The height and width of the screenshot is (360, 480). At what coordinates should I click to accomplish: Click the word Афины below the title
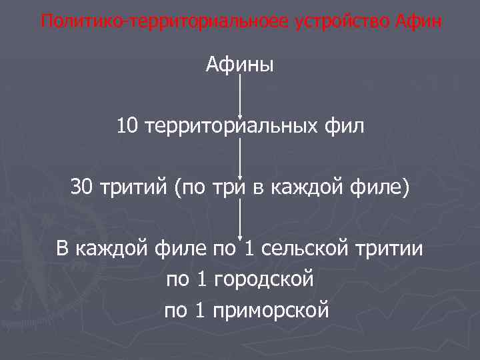click(x=240, y=65)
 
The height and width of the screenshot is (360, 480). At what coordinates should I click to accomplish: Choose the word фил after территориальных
click(x=347, y=125)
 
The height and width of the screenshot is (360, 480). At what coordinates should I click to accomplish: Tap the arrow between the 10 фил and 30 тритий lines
click(x=240, y=157)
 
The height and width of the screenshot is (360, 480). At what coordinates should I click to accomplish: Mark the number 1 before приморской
click(x=200, y=310)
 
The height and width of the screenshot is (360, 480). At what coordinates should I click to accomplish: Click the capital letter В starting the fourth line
click(x=63, y=250)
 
